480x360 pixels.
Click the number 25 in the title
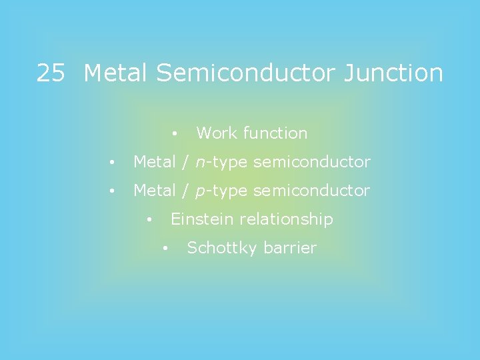(x=50, y=73)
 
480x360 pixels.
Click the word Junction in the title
(x=393, y=73)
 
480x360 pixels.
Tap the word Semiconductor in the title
(x=247, y=73)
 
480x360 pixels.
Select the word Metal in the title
(x=117, y=73)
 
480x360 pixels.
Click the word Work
(x=217, y=133)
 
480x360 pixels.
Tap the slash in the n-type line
(x=183, y=162)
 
